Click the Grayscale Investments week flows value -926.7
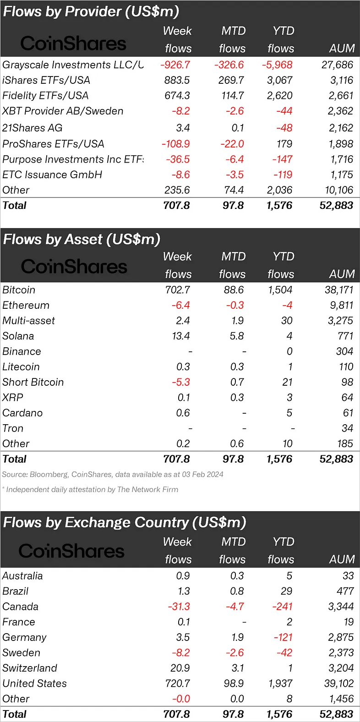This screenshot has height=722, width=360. pos(175,65)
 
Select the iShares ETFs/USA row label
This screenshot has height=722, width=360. pos(46,80)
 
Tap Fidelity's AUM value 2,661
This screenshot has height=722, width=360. pos(341,96)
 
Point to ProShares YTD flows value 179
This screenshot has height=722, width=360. pos(284,144)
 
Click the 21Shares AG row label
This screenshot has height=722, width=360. pos(32,128)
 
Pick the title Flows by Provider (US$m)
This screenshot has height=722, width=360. pos(91,11)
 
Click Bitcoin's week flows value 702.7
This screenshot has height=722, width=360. pos(177,290)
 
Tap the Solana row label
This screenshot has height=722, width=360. pos(18,336)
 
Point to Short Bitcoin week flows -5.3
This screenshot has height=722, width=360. pos(180,383)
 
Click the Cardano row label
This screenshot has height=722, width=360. pos(22,413)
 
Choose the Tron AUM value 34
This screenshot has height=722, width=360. pos(347,428)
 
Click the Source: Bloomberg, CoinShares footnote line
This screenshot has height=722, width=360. pos(113,475)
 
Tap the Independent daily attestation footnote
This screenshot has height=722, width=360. pos(90,490)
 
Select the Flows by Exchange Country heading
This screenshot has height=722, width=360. pos(125,523)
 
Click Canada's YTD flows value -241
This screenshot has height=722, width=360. pos(282,607)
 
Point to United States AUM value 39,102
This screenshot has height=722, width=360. pos(338,684)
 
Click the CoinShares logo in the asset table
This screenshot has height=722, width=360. pos(74,267)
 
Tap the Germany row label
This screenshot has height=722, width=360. pos(24,638)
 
